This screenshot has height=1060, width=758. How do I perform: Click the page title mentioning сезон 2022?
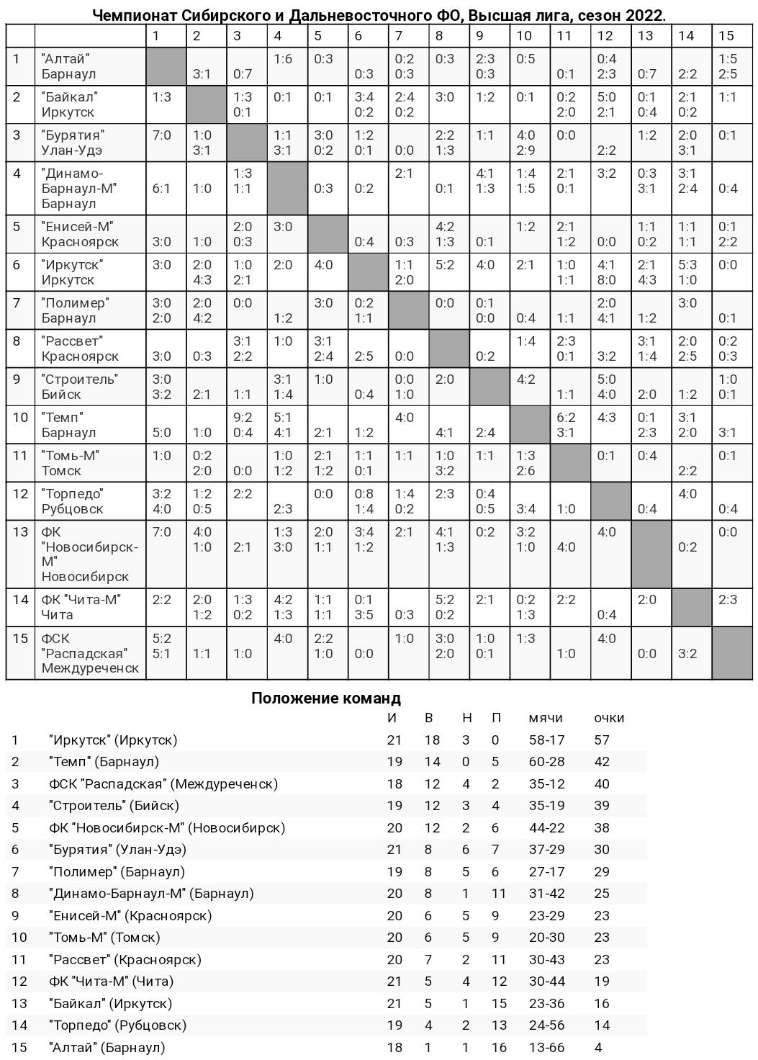379,15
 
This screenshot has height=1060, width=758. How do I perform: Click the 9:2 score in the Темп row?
243,417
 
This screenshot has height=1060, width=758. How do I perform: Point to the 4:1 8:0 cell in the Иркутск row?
606,272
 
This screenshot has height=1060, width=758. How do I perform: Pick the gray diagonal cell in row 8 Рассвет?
450,349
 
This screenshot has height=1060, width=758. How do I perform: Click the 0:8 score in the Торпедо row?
364,493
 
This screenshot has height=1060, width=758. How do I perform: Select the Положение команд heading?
325,698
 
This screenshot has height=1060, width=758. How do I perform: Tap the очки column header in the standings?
609,717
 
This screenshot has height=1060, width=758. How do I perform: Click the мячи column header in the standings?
546,717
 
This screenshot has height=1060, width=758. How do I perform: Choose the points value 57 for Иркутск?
602,740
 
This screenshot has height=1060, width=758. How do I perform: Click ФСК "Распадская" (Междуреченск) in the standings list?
163,783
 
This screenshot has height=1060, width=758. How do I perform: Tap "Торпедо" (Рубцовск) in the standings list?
117,1025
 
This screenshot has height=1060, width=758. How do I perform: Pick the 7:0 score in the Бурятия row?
162,135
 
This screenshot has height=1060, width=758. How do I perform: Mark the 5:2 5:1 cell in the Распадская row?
162,645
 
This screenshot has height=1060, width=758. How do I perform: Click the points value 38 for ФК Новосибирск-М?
602,827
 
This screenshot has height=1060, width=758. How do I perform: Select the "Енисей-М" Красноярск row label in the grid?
80,234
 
